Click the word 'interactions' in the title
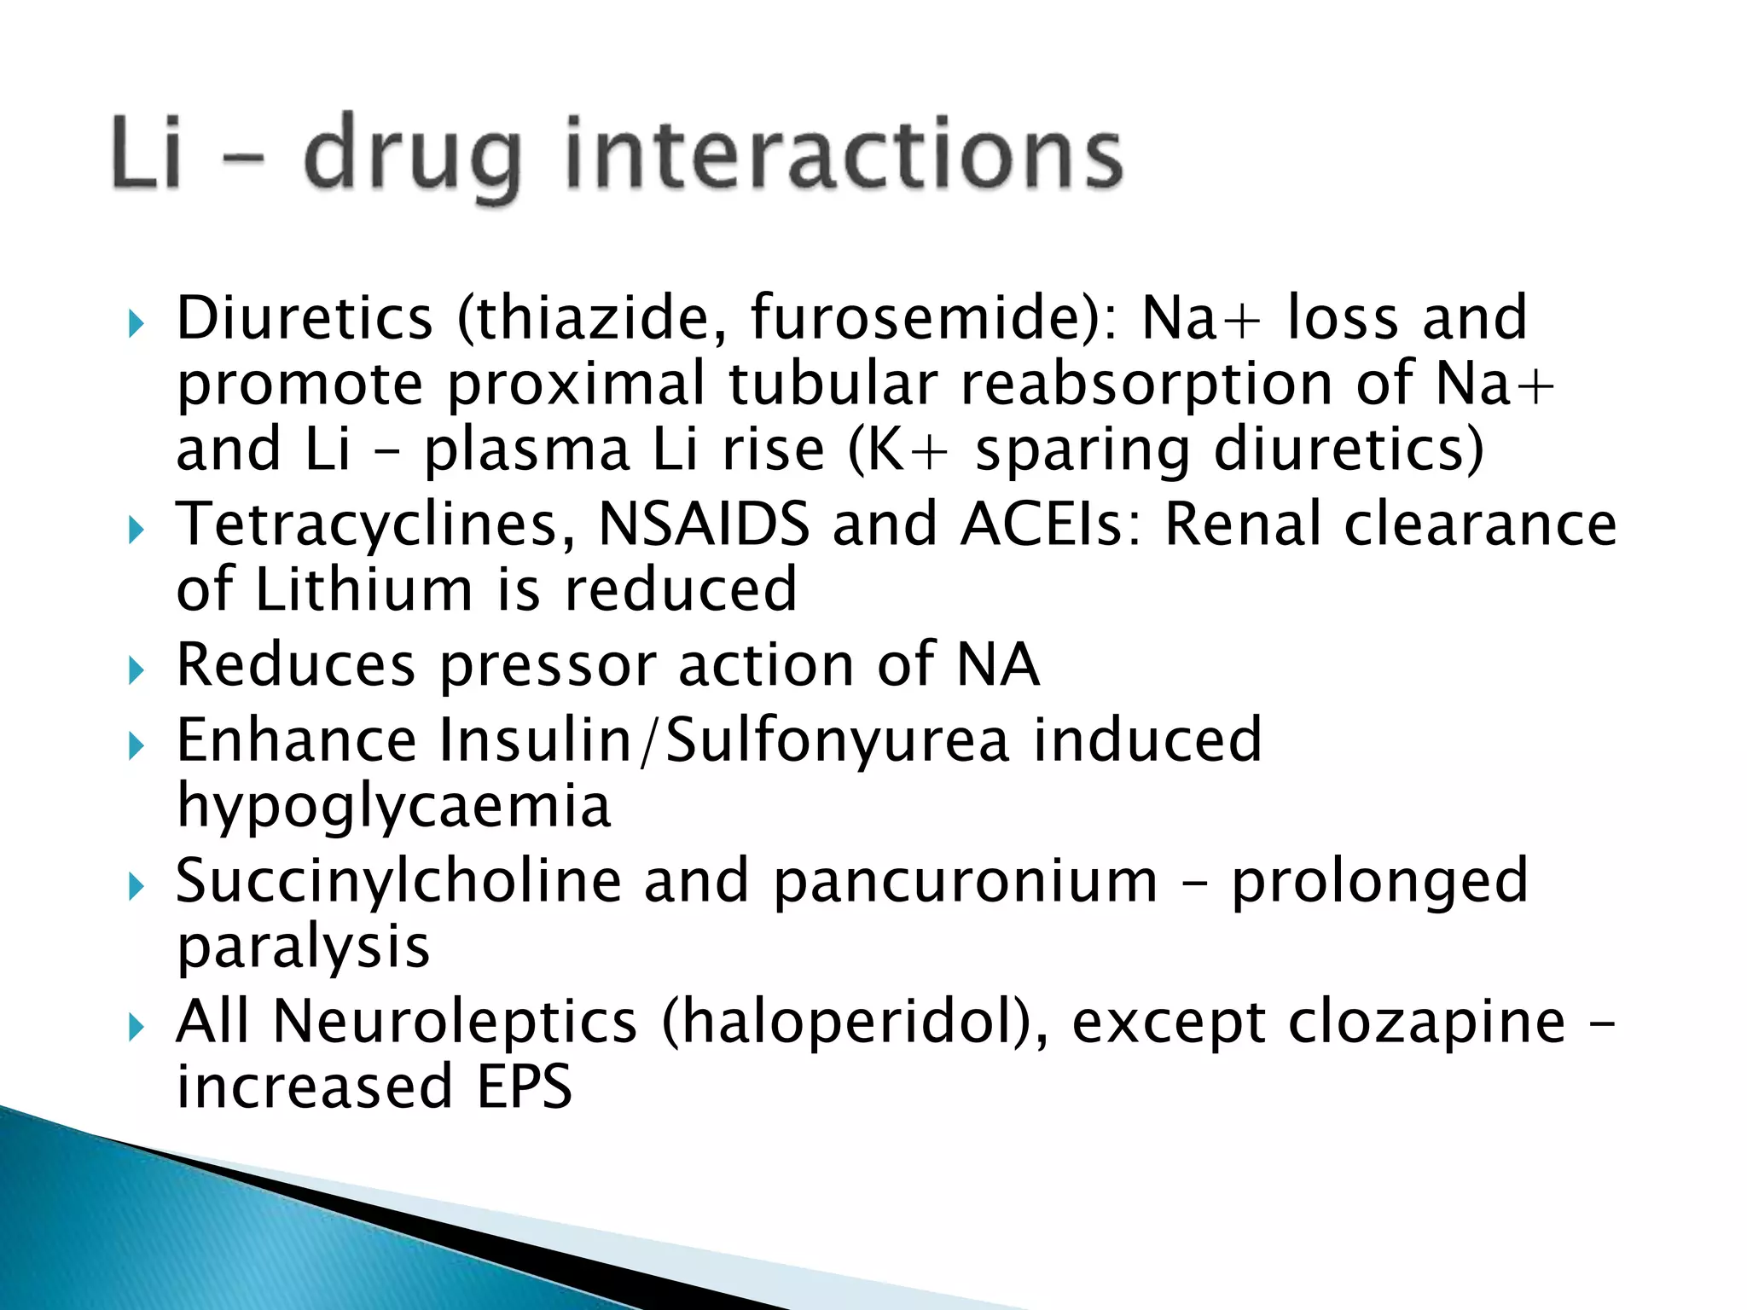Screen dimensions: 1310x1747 844,154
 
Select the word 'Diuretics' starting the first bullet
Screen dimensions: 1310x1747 305,317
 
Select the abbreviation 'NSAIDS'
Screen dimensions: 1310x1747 704,524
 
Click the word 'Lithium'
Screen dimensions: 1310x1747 364,589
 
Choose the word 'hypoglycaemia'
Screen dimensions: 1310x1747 394,806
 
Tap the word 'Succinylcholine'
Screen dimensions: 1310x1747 398,880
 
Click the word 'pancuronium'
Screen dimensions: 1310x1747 965,882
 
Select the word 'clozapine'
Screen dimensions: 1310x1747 1426,1022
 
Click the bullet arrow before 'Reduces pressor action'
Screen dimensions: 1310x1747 136,670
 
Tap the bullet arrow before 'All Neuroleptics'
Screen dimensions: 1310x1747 136,1027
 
